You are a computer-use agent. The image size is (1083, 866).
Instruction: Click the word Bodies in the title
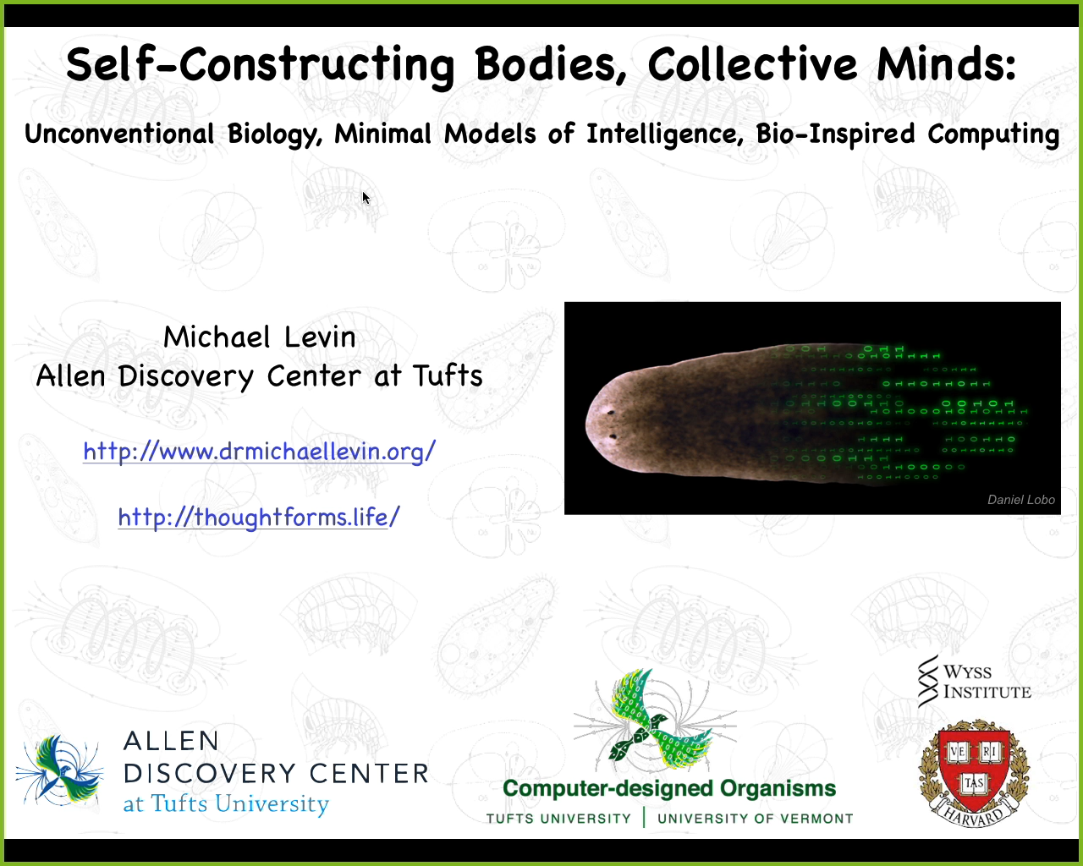pyautogui.click(x=550, y=65)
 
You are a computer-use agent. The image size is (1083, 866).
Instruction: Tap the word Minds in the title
pyautogui.click(x=945, y=65)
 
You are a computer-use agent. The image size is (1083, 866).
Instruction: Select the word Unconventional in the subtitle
pyautogui.click(x=119, y=134)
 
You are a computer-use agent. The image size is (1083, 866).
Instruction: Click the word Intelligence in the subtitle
pyautogui.click(x=664, y=134)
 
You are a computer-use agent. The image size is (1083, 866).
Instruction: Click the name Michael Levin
pyautogui.click(x=259, y=337)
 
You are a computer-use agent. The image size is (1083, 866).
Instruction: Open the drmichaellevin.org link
pyautogui.click(x=259, y=452)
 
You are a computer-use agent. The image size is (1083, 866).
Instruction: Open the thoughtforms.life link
pyautogui.click(x=258, y=517)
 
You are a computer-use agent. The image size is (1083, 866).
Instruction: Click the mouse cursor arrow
pyautogui.click(x=366, y=197)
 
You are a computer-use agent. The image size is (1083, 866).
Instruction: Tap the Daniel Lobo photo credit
pyautogui.click(x=1020, y=500)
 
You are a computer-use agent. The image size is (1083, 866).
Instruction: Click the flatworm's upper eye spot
pyautogui.click(x=609, y=414)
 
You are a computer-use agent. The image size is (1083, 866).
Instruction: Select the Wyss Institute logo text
pyautogui.click(x=986, y=682)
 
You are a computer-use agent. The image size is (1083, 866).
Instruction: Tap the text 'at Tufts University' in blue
pyautogui.click(x=225, y=803)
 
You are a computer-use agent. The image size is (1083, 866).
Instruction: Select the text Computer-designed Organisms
pyautogui.click(x=668, y=789)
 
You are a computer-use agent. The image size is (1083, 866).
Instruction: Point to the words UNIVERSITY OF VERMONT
pyautogui.click(x=755, y=819)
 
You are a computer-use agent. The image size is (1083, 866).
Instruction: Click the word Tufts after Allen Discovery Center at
pyautogui.click(x=448, y=375)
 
